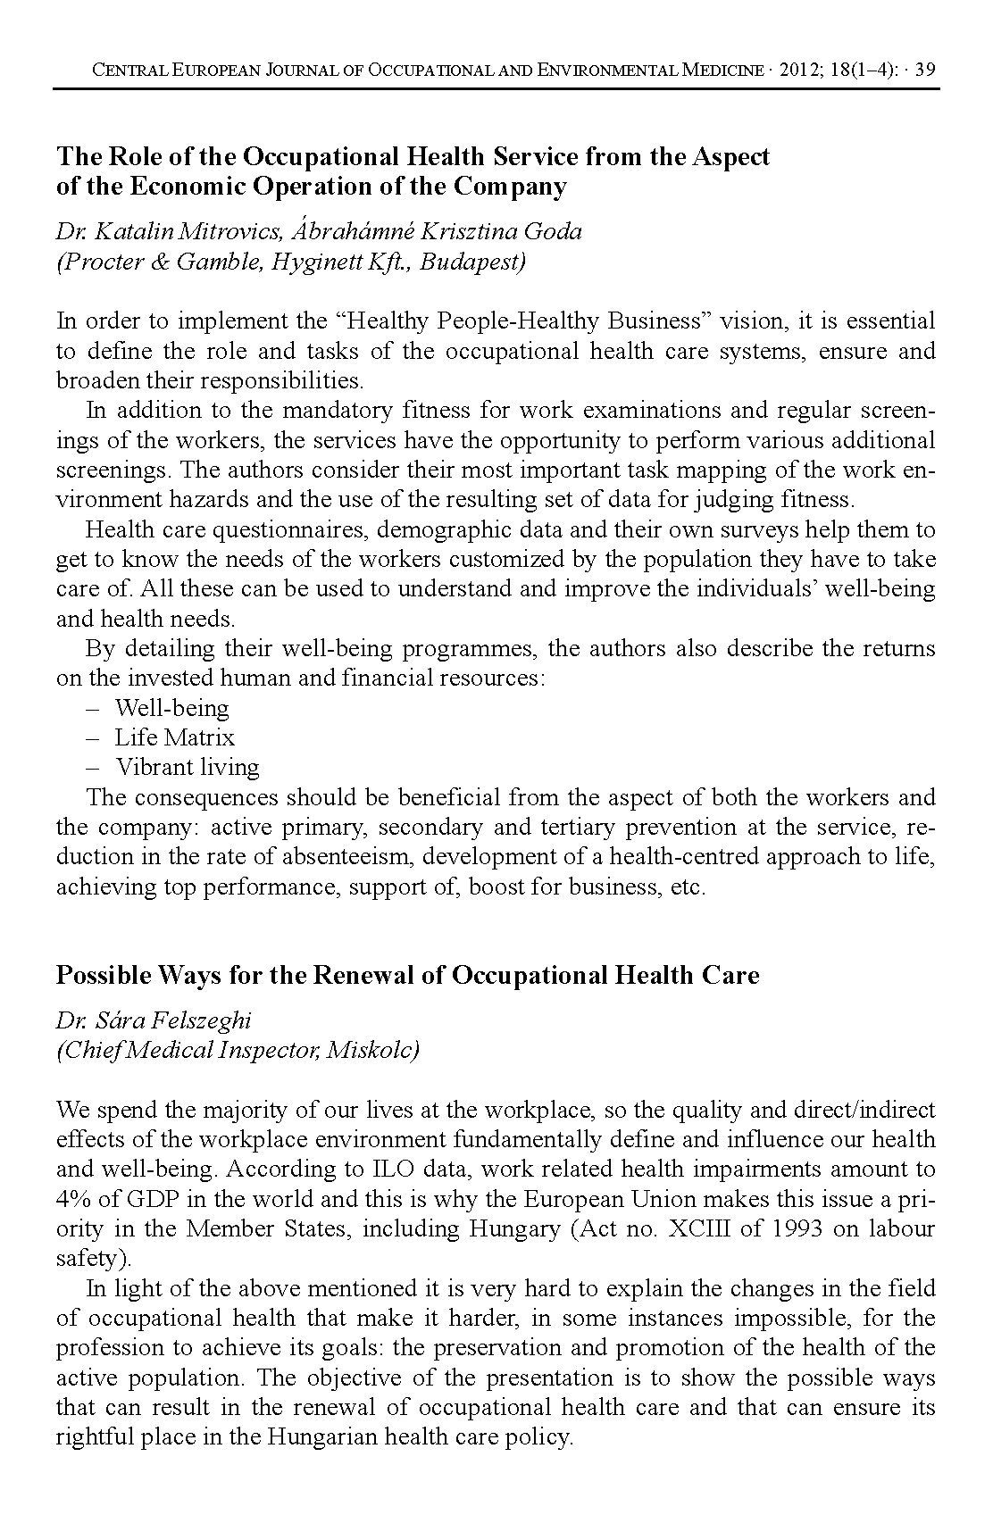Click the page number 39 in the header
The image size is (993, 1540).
tap(925, 70)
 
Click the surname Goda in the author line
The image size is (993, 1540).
tap(553, 231)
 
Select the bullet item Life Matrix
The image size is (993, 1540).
tap(174, 737)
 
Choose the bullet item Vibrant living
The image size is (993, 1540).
tap(188, 767)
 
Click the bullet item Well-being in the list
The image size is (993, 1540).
tap(171, 708)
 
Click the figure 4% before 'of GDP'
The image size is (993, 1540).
tap(71, 1198)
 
